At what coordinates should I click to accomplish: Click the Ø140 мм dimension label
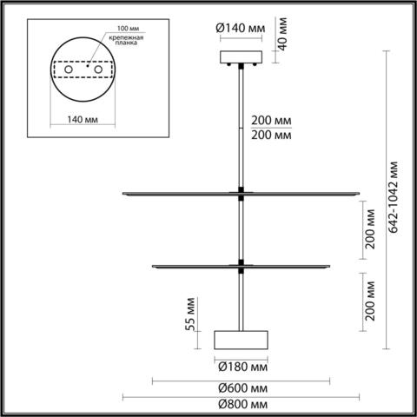(x=240, y=27)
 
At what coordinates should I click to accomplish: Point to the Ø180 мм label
(x=240, y=365)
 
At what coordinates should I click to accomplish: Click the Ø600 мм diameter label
(x=241, y=387)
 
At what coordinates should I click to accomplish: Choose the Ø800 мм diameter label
(x=241, y=406)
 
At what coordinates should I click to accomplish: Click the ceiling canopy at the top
(x=240, y=59)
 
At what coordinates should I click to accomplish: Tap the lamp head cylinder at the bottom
(x=240, y=340)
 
